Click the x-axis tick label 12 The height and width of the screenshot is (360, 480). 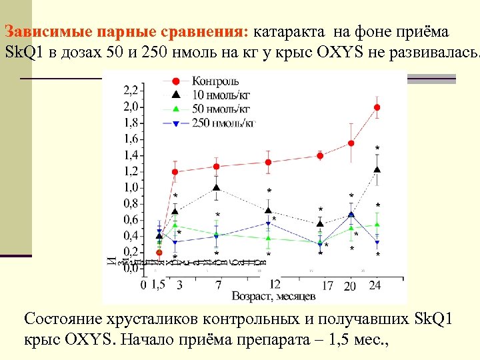click(274, 283)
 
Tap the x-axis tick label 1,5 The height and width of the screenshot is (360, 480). click(157, 285)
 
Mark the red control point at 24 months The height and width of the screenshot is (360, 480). click(377, 107)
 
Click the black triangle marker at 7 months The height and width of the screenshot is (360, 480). click(217, 188)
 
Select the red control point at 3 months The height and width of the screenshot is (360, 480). click(175, 172)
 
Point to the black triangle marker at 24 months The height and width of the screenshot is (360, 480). click(377, 170)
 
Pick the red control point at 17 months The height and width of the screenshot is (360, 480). click(320, 156)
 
